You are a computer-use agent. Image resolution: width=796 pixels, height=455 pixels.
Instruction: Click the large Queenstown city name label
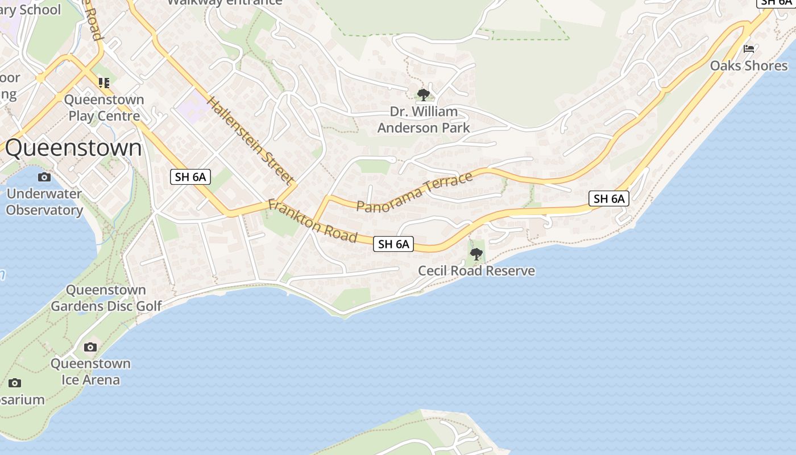[73, 148]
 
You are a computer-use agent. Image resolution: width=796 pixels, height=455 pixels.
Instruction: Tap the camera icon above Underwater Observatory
[44, 177]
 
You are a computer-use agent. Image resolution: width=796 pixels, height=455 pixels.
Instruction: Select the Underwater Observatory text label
[44, 202]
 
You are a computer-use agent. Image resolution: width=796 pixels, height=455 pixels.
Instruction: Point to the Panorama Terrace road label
[414, 192]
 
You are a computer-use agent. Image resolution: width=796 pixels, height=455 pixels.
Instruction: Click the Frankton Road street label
[312, 221]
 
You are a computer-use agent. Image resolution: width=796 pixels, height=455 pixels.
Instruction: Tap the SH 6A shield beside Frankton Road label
[393, 244]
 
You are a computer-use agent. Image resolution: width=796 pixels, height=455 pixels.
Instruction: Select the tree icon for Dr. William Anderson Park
[423, 94]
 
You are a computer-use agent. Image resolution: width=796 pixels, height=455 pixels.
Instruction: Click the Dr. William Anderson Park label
[424, 119]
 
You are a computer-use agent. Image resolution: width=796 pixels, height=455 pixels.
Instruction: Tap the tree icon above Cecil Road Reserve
[476, 254]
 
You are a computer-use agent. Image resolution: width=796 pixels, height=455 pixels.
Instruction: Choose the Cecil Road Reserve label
[476, 271]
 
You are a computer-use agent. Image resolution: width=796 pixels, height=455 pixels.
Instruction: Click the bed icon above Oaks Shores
[749, 49]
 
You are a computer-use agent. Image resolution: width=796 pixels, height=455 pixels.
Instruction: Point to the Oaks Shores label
[749, 66]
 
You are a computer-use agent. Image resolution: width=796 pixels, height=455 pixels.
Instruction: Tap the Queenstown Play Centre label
[104, 108]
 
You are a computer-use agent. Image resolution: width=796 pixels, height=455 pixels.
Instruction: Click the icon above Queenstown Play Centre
[103, 83]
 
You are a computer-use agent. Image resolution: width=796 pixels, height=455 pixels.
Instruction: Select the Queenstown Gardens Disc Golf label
[106, 298]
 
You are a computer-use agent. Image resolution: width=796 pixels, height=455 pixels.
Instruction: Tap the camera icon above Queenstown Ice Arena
[90, 347]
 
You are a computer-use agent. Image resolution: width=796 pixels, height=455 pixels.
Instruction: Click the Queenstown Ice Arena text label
[91, 371]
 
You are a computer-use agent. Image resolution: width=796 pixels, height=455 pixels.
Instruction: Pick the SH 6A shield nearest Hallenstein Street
[190, 177]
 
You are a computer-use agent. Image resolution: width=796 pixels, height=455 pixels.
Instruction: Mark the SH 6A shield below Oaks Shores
[609, 198]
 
